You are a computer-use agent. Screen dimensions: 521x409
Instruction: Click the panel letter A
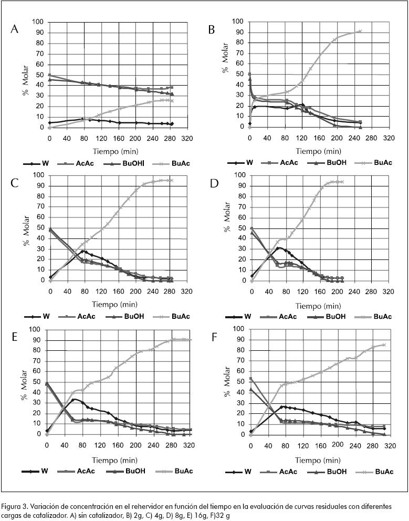coord(15,29)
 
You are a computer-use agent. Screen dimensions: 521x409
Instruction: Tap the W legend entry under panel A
coord(45,163)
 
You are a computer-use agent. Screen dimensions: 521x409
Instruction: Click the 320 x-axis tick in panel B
coord(389,138)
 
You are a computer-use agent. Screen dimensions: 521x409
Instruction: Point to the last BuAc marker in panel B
coord(360,31)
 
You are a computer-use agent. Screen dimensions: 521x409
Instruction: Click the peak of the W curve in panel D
coord(278,248)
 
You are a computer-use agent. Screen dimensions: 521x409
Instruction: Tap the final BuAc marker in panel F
coord(384,345)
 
